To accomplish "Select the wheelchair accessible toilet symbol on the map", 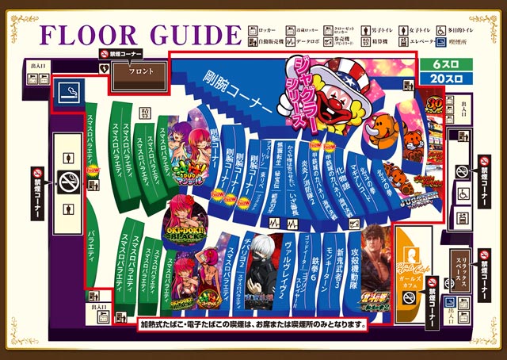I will point(462,192).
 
